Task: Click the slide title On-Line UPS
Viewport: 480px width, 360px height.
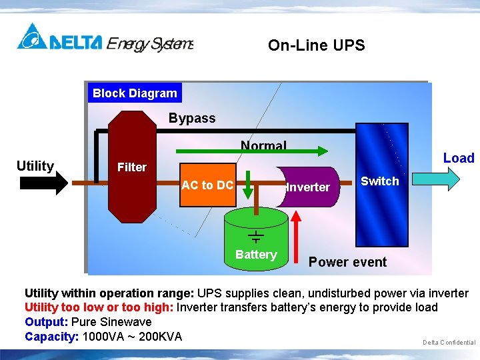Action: (316, 45)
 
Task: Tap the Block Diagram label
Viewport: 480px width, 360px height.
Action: (135, 93)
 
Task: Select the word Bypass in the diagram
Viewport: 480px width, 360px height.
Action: (192, 119)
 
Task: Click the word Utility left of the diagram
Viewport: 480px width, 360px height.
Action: (35, 166)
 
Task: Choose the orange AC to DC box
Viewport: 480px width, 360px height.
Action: (207, 185)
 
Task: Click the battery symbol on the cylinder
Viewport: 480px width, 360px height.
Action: (256, 235)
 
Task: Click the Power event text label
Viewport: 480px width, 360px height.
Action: (347, 262)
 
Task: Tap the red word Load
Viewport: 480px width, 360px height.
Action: (459, 158)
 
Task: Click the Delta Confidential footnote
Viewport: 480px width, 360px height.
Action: (449, 343)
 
